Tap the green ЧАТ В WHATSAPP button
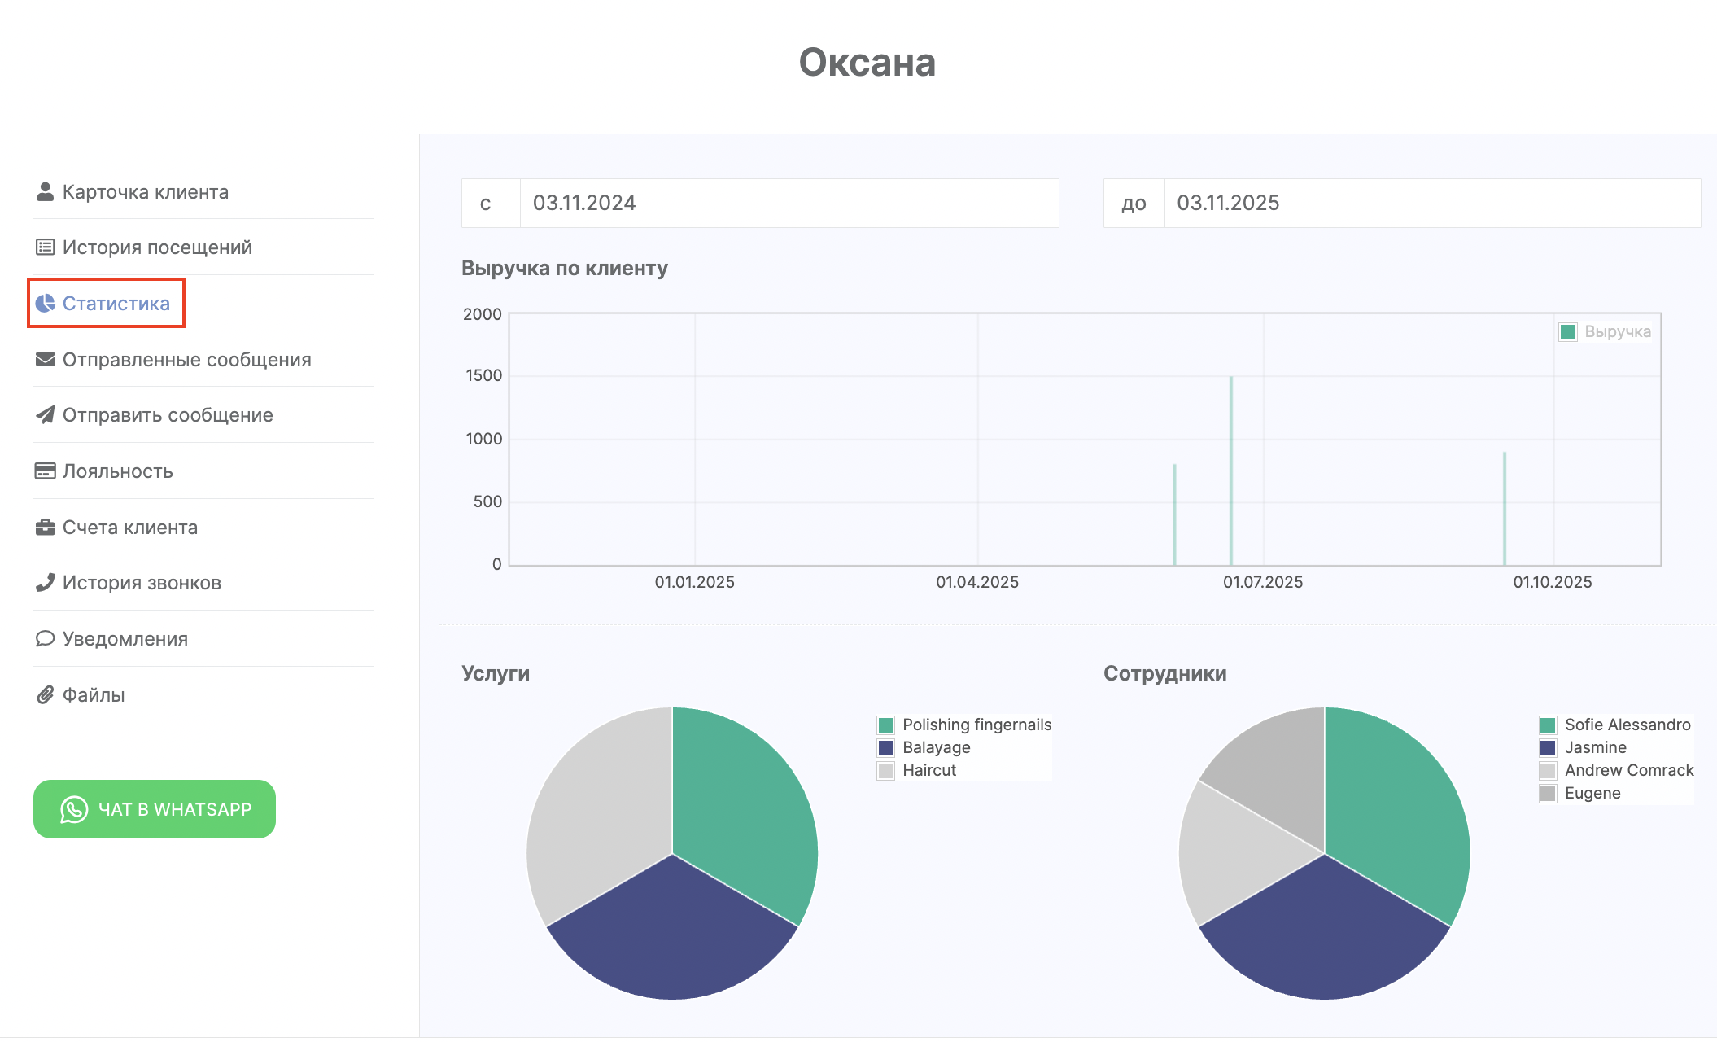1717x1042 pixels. tap(155, 809)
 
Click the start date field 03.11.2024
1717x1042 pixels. tap(788, 204)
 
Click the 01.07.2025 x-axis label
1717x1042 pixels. tap(1263, 582)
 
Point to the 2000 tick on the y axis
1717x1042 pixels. tap(483, 314)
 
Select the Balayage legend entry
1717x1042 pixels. tap(936, 747)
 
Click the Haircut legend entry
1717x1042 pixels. tap(928, 770)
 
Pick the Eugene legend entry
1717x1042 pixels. tap(1592, 793)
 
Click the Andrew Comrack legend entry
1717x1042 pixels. tap(1628, 770)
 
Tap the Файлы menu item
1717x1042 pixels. tap(93, 695)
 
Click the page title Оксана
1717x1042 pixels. tap(867, 63)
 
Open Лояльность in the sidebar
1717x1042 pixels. tap(117, 471)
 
